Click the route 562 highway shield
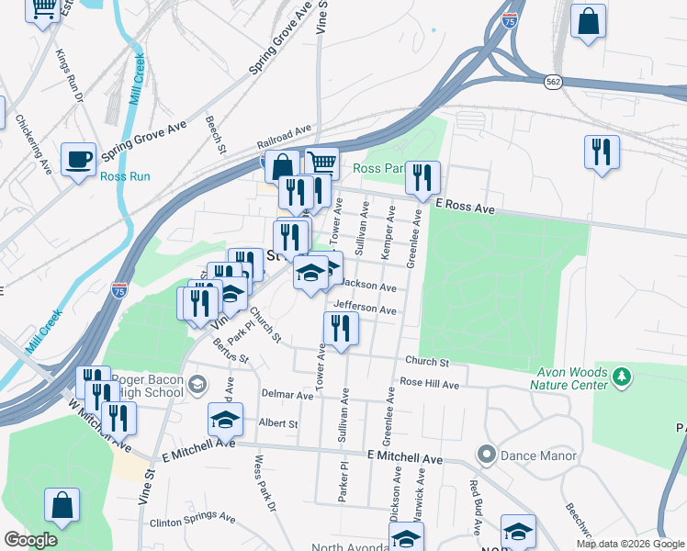point(552,81)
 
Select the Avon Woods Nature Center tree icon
point(622,377)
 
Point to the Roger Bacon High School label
point(147,386)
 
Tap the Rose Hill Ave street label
point(428,385)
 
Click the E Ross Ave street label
point(465,208)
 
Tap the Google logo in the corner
point(29,540)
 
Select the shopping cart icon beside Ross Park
point(321,163)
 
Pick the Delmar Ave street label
point(286,395)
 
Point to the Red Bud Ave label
point(475,509)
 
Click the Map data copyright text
point(630,544)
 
